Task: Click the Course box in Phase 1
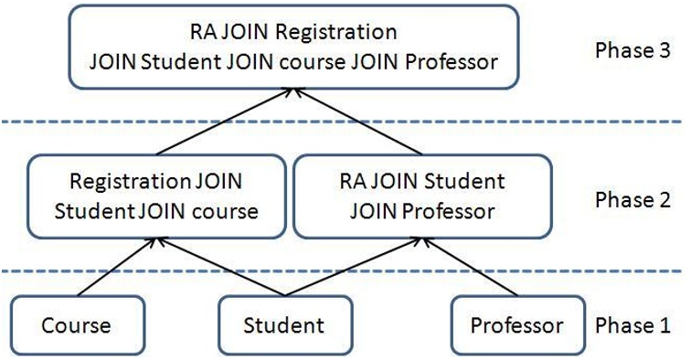click(x=76, y=325)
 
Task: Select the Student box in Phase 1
click(x=283, y=325)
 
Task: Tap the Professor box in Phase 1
click(x=516, y=325)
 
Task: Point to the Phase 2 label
click(x=631, y=199)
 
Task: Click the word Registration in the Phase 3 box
click(x=338, y=33)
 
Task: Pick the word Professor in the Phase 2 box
click(x=446, y=211)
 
